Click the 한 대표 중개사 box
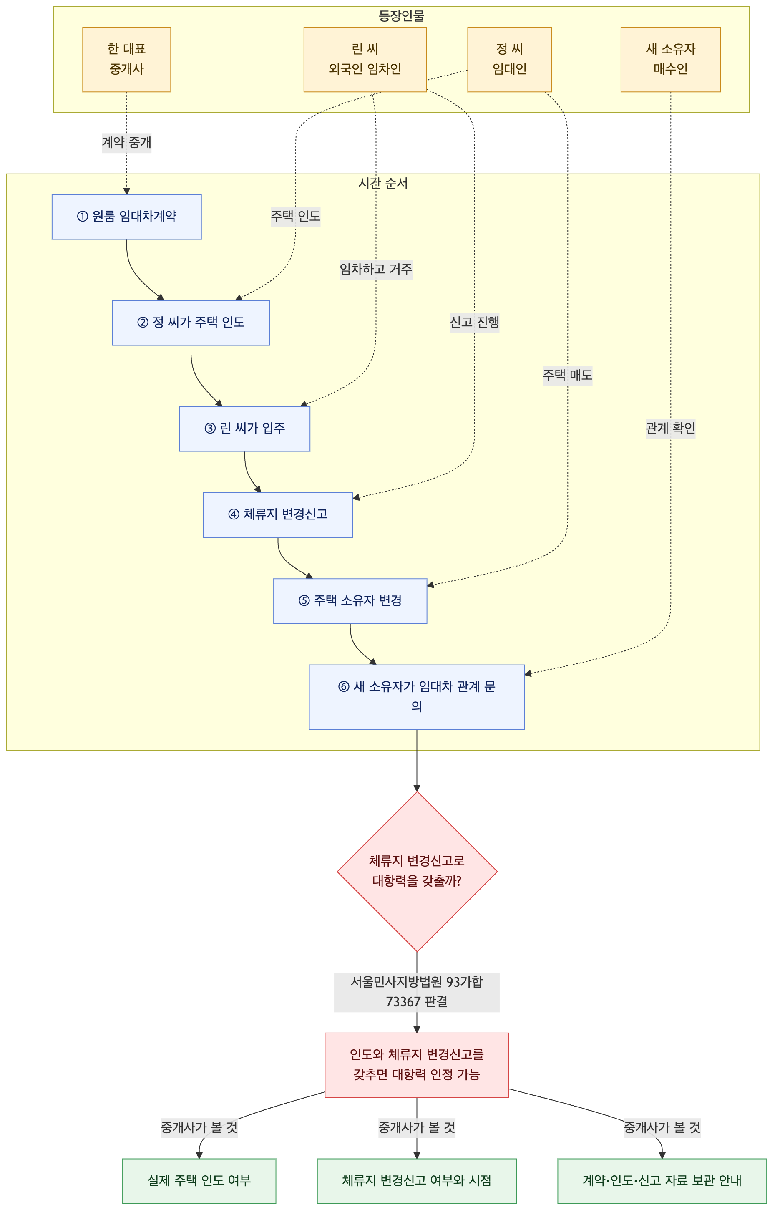(x=127, y=59)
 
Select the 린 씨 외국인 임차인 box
(x=365, y=59)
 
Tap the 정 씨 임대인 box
(x=510, y=59)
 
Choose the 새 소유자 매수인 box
(x=671, y=59)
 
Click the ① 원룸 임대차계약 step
(x=127, y=217)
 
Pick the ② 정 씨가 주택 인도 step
(x=191, y=323)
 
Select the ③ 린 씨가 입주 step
(x=244, y=429)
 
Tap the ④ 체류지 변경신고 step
(x=278, y=515)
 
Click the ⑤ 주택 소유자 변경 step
(x=350, y=601)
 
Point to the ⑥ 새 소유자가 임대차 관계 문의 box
(x=417, y=697)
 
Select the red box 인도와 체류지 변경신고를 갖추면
(x=417, y=1065)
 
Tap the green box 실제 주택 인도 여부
(x=199, y=1181)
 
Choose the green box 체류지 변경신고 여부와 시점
(x=417, y=1181)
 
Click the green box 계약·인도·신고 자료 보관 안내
(x=662, y=1181)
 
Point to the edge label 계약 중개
(x=127, y=142)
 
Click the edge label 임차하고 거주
(x=376, y=269)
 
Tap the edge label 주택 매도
(x=567, y=376)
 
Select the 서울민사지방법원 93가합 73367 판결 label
(x=417, y=992)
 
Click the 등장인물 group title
(x=402, y=16)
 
